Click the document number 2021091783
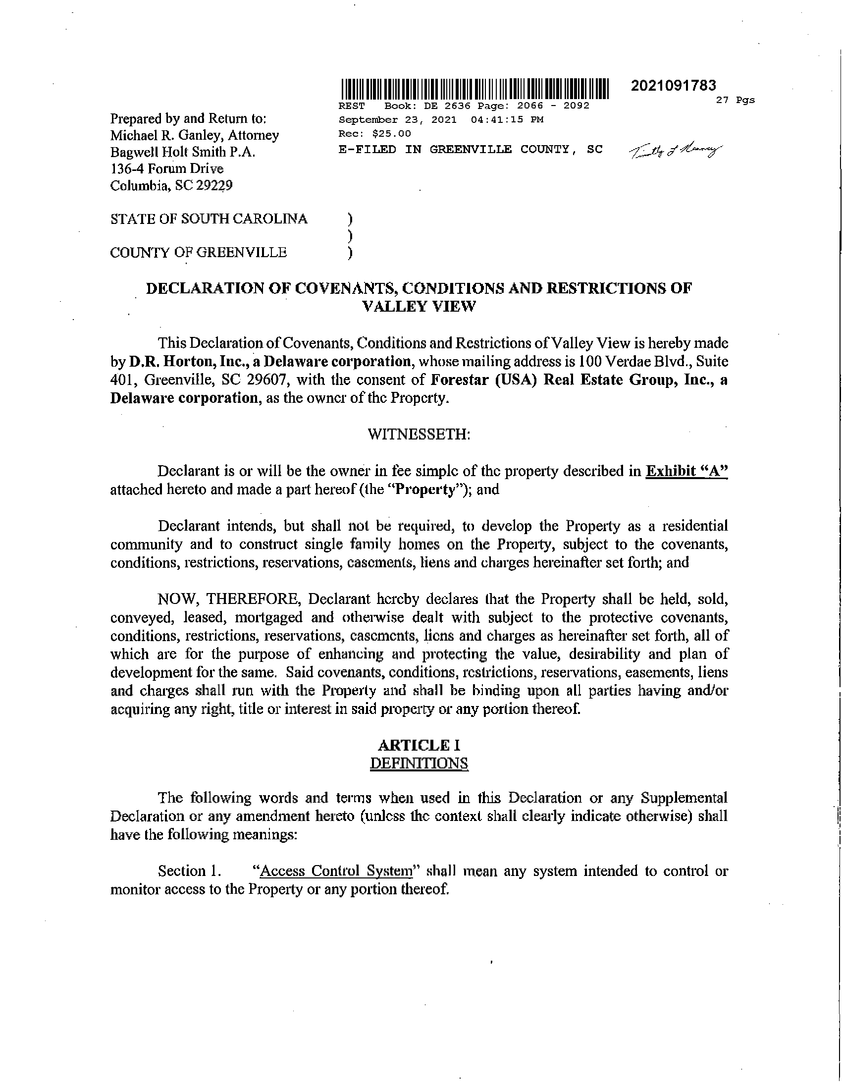pyautogui.click(x=673, y=86)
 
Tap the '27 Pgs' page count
pyautogui.click(x=735, y=100)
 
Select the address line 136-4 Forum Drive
pyautogui.click(x=166, y=168)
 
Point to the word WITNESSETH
pyautogui.click(x=419, y=434)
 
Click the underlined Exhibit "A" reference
pyautogui.click(x=686, y=471)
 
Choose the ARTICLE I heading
pyautogui.click(x=419, y=745)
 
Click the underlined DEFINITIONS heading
pyautogui.click(x=419, y=763)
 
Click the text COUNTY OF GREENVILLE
pyautogui.click(x=199, y=253)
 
